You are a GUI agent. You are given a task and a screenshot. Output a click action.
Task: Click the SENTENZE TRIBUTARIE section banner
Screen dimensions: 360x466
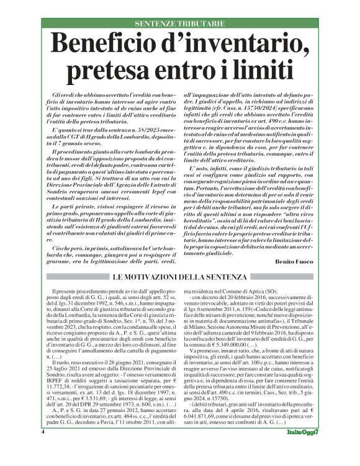tap(179, 23)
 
